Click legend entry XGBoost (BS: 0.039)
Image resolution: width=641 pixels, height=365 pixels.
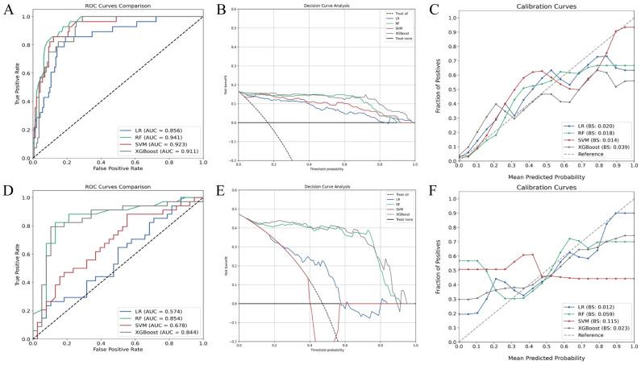pyautogui.click(x=594, y=149)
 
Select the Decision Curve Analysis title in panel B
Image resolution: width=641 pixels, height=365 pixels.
pyautogui.click(x=327, y=7)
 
